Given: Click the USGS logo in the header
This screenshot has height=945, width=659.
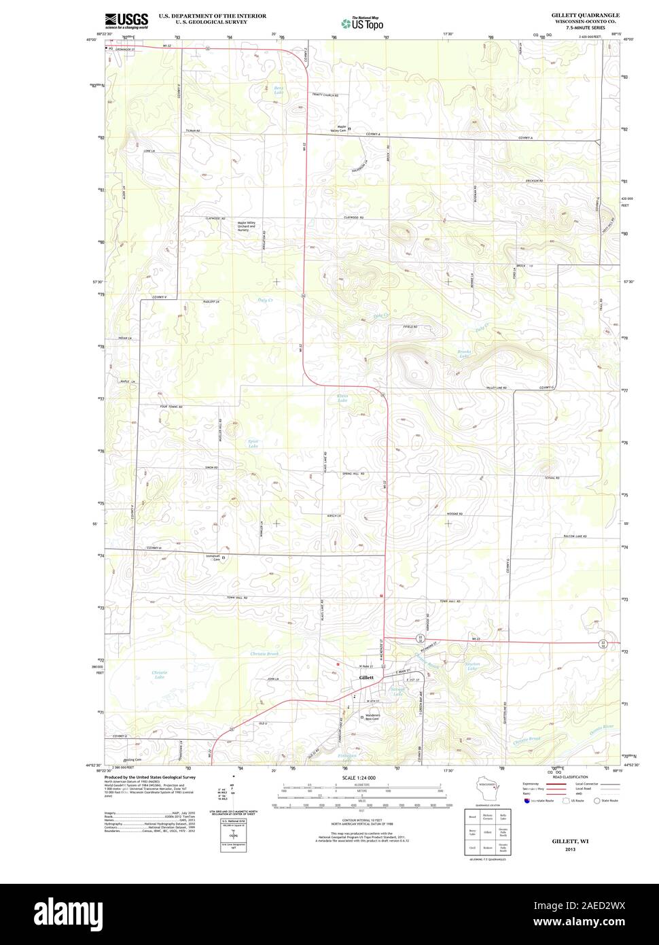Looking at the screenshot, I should coord(126,20).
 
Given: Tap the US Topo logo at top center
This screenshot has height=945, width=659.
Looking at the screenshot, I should coord(363,22).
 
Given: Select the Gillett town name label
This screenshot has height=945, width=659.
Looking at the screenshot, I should coord(366,678).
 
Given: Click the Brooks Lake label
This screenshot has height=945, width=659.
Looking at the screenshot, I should coord(464,354).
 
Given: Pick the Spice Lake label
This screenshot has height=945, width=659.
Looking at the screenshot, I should coord(253,443).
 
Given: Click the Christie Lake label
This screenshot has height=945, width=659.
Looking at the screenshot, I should coord(159,674).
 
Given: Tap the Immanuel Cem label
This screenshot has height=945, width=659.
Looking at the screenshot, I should coord(213,557).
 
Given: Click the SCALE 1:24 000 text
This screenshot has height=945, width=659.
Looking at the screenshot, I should coord(359,777).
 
